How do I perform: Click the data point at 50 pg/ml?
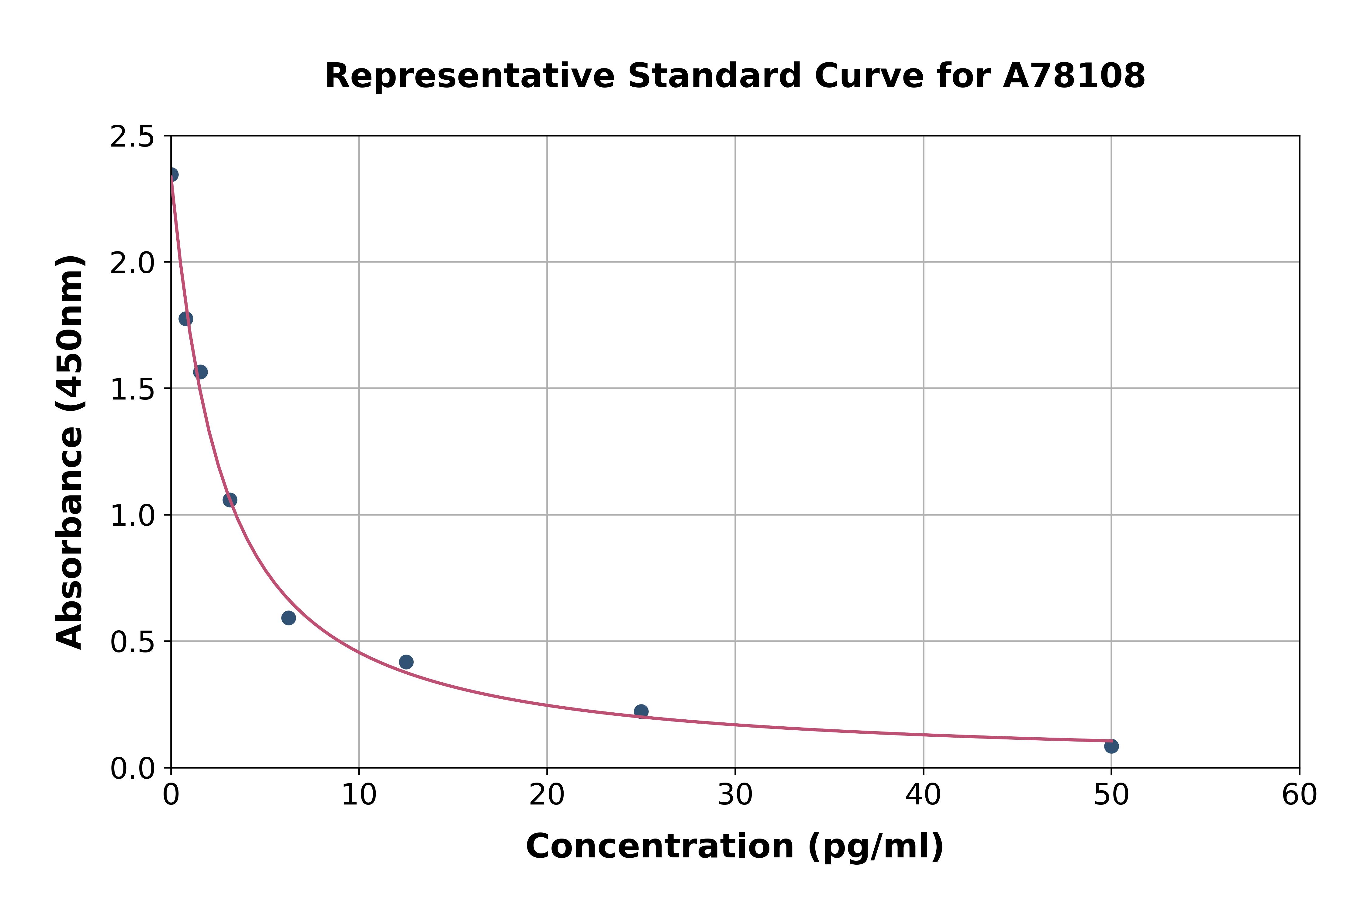pos(1111,746)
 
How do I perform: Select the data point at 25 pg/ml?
pos(641,711)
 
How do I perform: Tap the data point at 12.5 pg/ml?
pos(406,662)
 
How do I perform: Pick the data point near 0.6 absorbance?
pos(288,618)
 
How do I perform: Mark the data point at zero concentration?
pos(171,175)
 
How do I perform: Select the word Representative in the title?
pos(470,76)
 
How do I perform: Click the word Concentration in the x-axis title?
pos(660,846)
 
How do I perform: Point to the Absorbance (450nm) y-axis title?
pos(70,452)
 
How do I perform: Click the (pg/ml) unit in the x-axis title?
pos(875,846)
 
